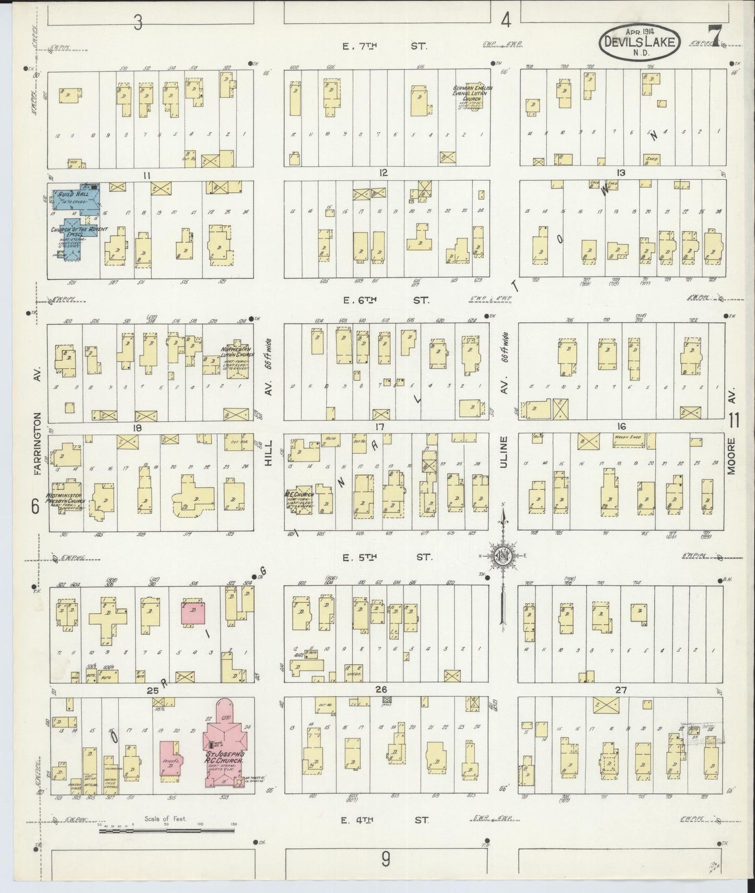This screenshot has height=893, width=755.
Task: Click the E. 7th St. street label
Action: click(x=385, y=46)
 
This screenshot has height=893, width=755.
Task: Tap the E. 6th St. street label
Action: click(x=386, y=300)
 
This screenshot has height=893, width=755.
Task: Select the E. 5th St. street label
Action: click(x=387, y=557)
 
